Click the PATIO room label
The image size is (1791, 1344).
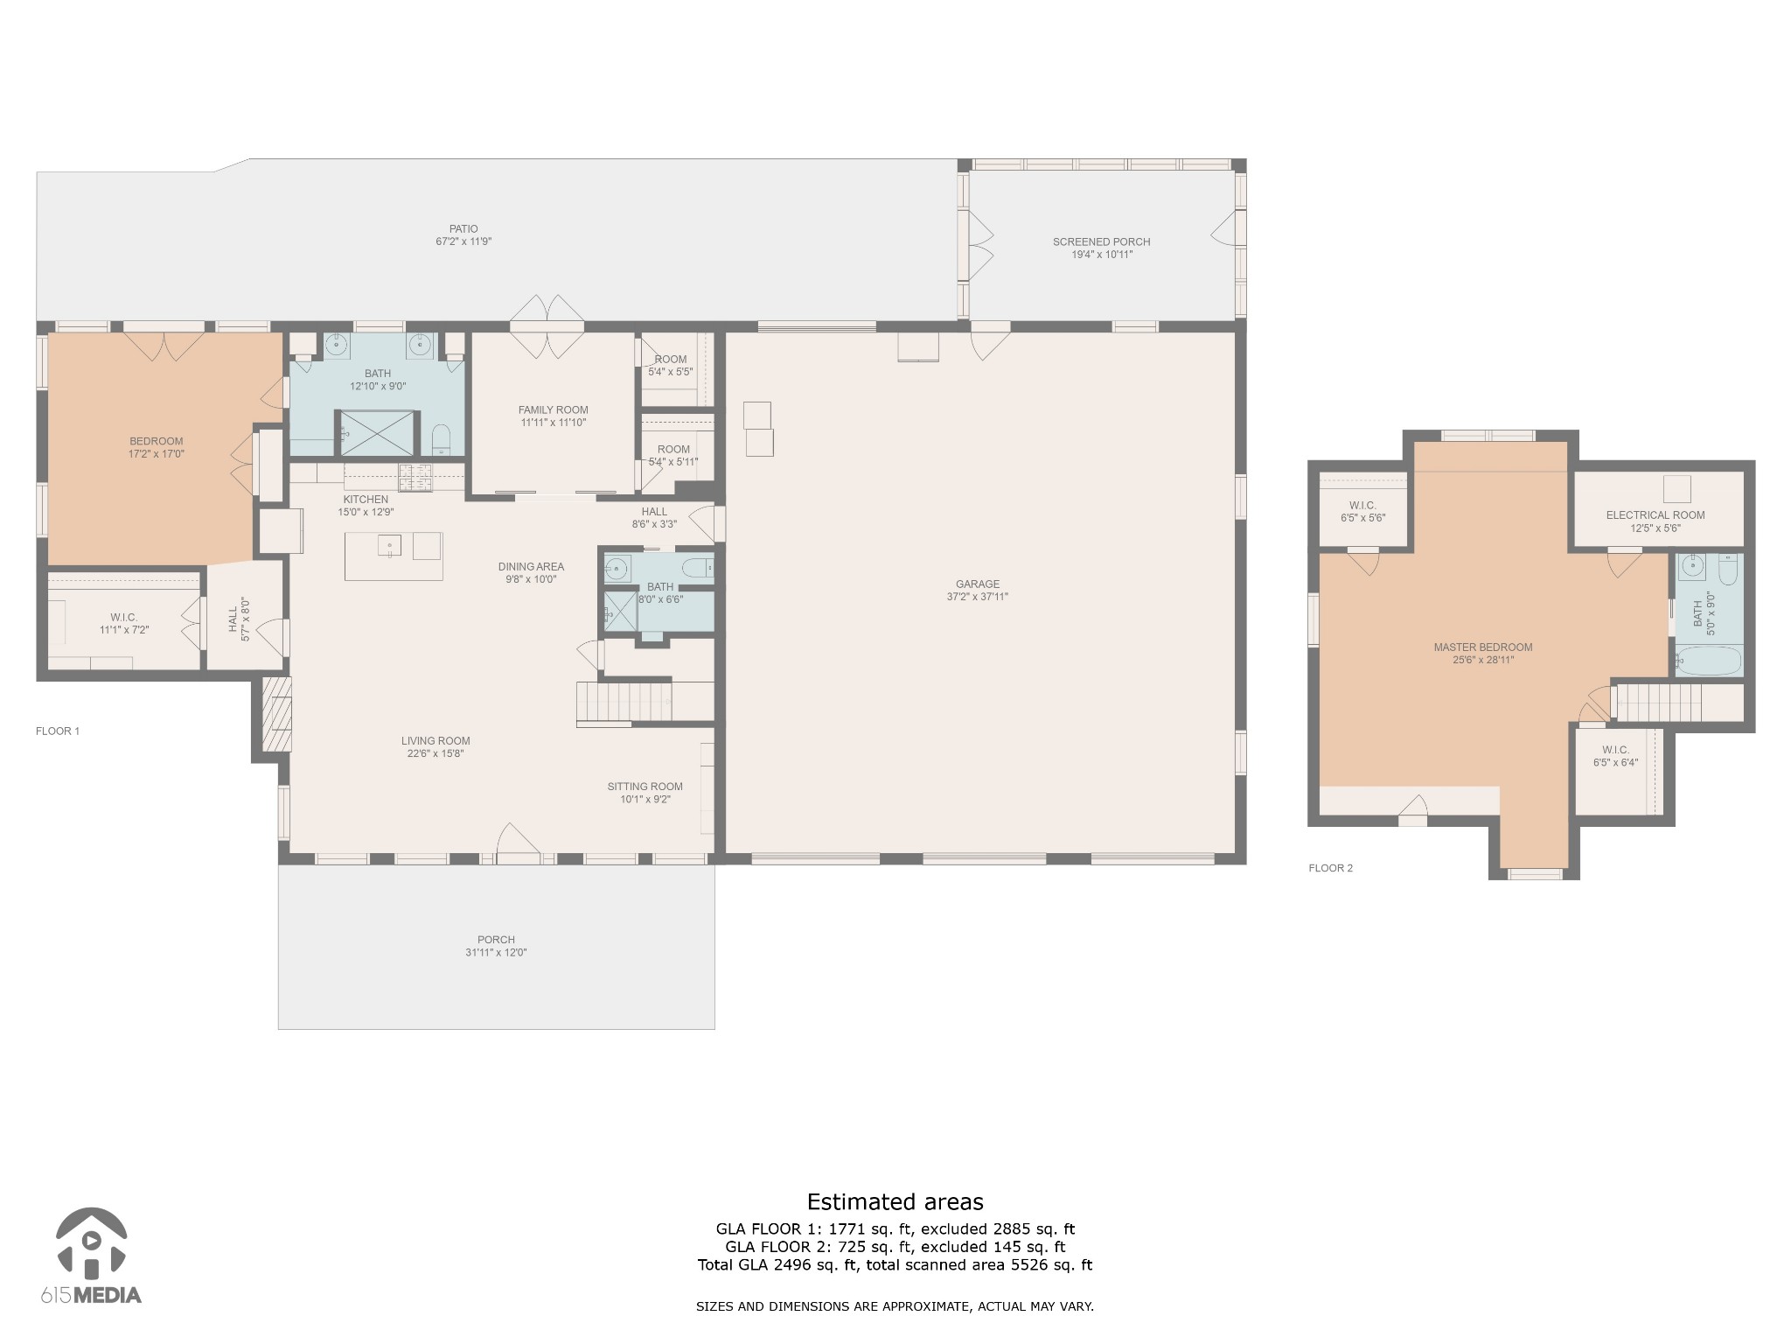click(x=464, y=229)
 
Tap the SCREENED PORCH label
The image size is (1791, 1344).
click(x=1101, y=242)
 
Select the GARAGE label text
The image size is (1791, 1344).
click(x=978, y=584)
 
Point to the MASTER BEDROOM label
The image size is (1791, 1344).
click(x=1483, y=647)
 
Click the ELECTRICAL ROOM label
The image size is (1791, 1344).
click(x=1655, y=515)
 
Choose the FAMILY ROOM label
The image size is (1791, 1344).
click(x=554, y=410)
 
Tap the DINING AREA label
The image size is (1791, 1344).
click(x=532, y=567)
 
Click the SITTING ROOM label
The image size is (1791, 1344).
click(x=645, y=787)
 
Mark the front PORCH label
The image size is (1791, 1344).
click(x=496, y=940)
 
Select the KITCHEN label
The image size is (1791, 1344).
click(x=366, y=500)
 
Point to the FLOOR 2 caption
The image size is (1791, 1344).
click(x=1331, y=868)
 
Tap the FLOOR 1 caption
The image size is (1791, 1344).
click(x=58, y=731)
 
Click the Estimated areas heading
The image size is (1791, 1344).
click(x=895, y=1202)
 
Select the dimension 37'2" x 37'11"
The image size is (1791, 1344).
click(x=978, y=597)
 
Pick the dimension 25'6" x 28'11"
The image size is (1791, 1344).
click(x=1483, y=660)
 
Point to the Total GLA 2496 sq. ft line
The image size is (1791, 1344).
click(x=895, y=1264)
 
